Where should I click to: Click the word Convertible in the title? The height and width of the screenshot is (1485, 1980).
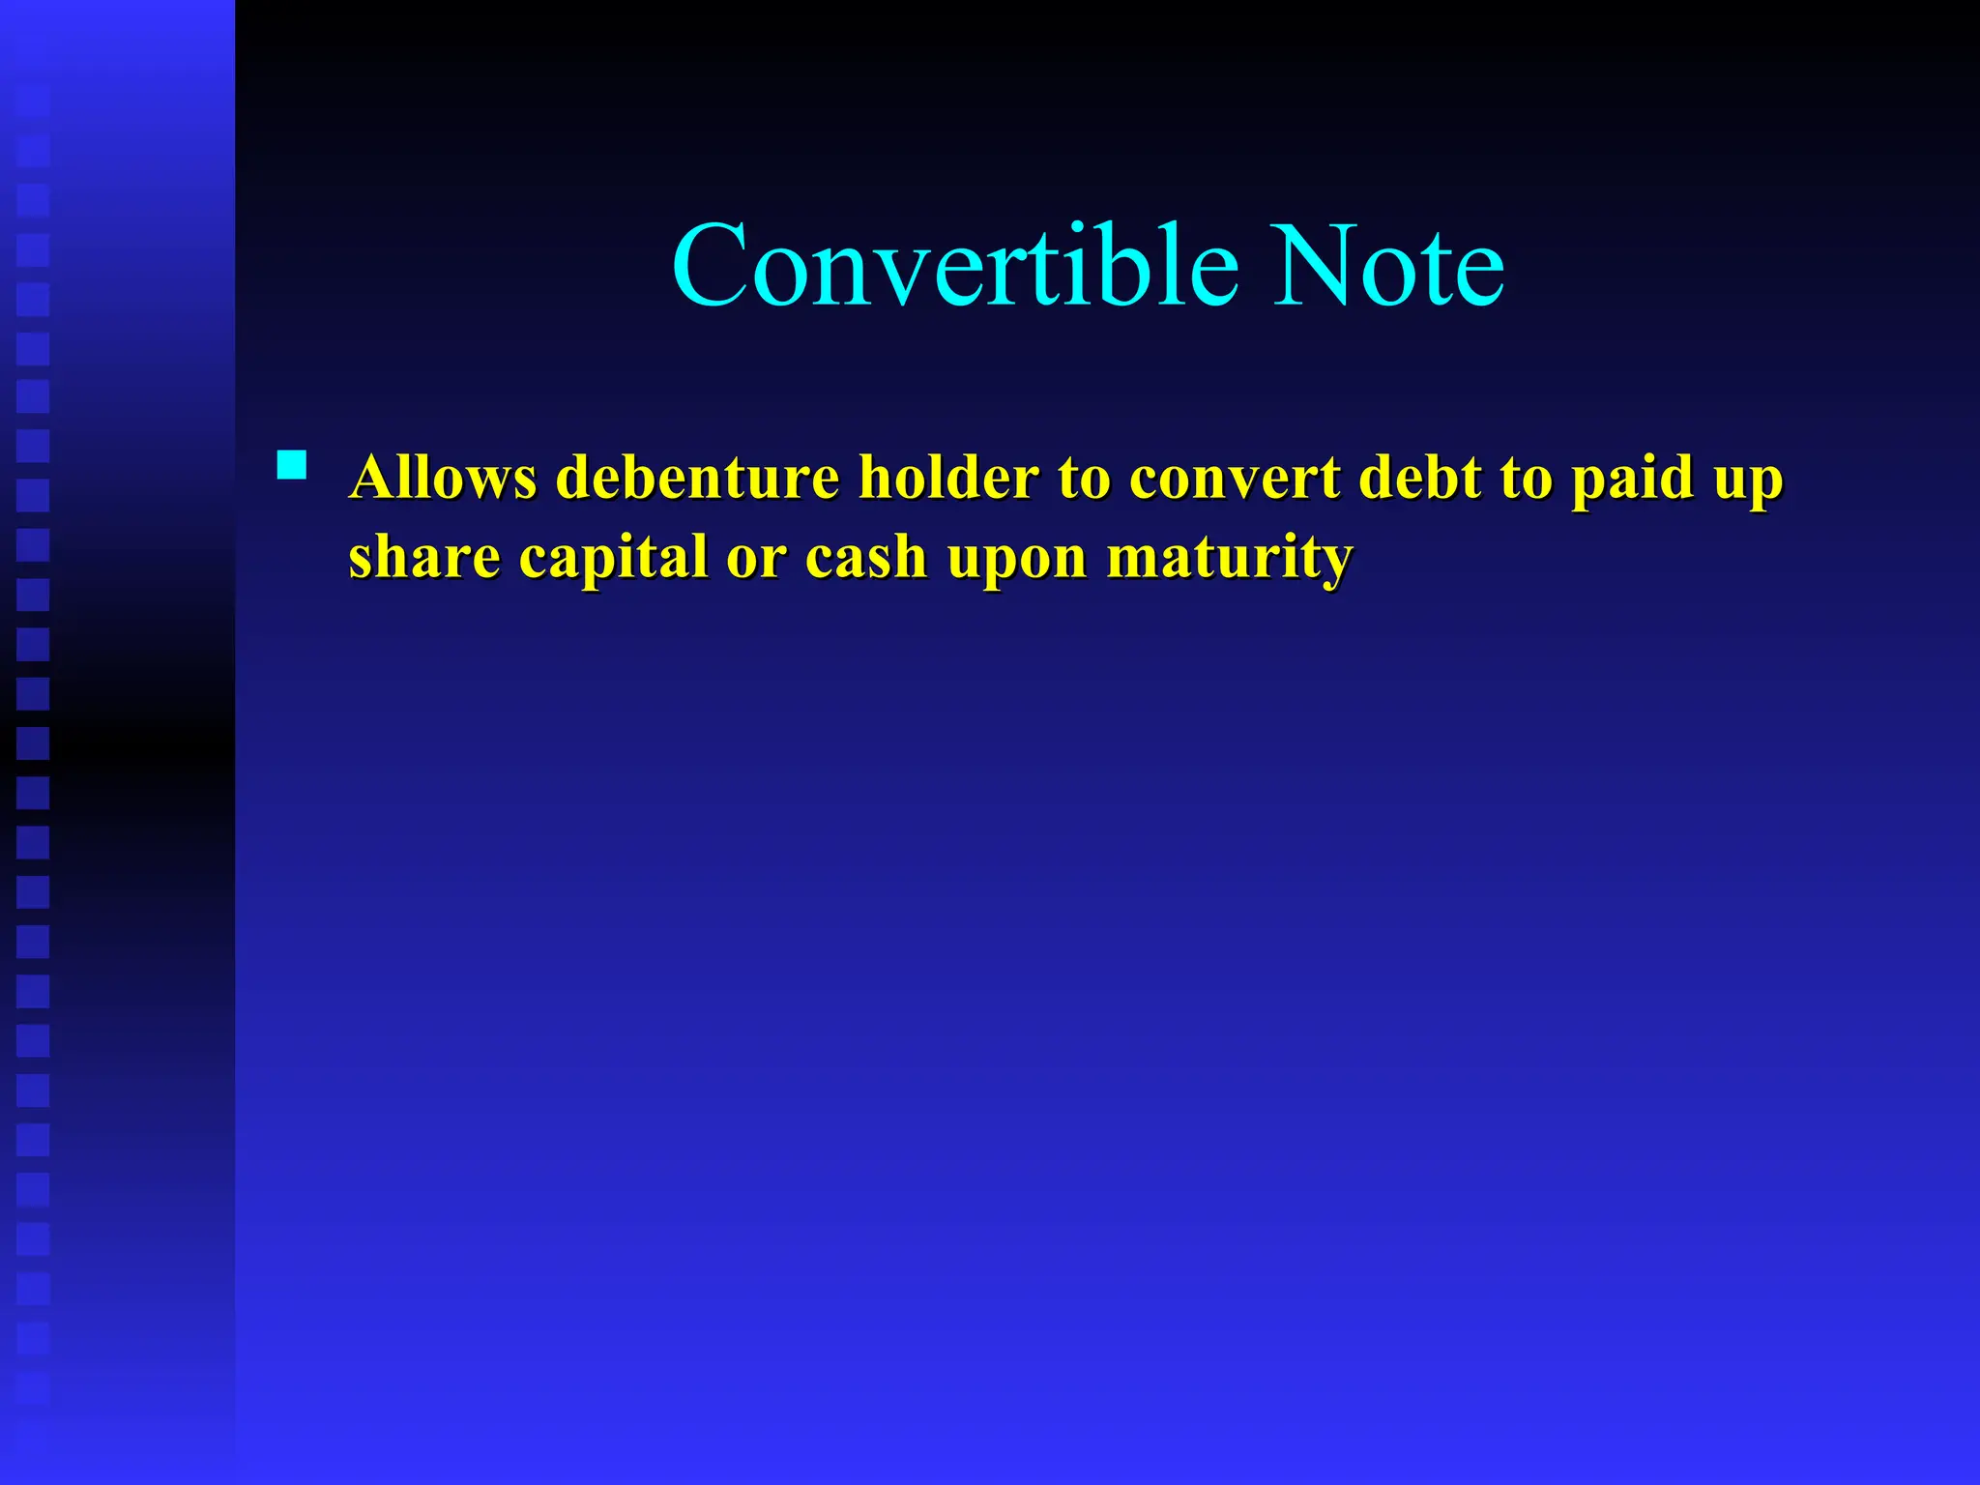[955, 265]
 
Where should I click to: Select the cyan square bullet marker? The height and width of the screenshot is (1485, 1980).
[291, 466]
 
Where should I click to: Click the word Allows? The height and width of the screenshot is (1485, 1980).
[443, 478]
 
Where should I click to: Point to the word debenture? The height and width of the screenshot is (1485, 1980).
[698, 478]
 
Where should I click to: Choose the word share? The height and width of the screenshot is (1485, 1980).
[423, 557]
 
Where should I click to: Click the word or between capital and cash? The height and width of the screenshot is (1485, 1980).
[756, 559]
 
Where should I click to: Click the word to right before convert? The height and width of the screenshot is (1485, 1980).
[1083, 480]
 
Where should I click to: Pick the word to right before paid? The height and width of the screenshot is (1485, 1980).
[1526, 480]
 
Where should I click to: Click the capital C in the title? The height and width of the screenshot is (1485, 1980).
[711, 265]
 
